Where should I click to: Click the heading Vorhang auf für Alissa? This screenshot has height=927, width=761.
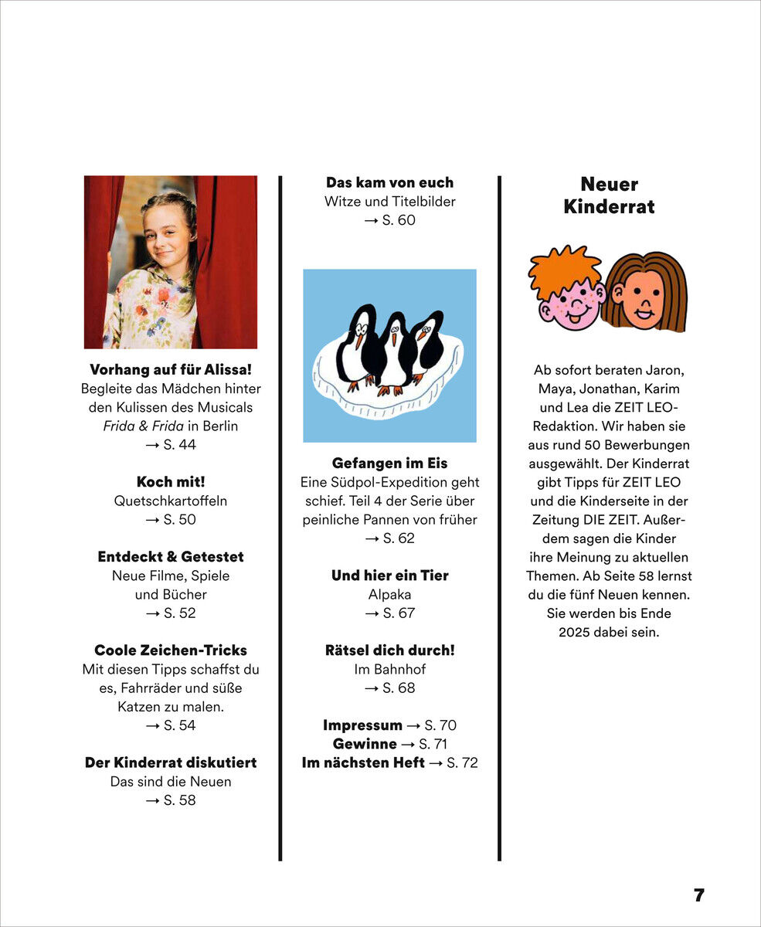171,369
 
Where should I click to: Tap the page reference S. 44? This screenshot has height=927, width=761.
178,444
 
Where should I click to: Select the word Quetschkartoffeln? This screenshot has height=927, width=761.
171,501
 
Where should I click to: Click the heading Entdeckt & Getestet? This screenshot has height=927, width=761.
171,556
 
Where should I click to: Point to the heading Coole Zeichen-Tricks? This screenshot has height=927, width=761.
171,650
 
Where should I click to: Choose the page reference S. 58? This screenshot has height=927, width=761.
178,800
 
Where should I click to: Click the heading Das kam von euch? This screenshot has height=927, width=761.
389,182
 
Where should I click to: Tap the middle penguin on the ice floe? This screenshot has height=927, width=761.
393,352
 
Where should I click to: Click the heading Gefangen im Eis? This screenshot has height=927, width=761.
389,463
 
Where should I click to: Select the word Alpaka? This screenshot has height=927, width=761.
389,594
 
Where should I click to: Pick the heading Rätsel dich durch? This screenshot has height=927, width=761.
389,650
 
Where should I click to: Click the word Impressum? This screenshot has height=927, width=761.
362,725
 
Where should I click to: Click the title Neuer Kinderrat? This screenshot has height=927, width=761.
609,195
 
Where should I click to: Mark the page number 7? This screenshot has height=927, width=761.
699,895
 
